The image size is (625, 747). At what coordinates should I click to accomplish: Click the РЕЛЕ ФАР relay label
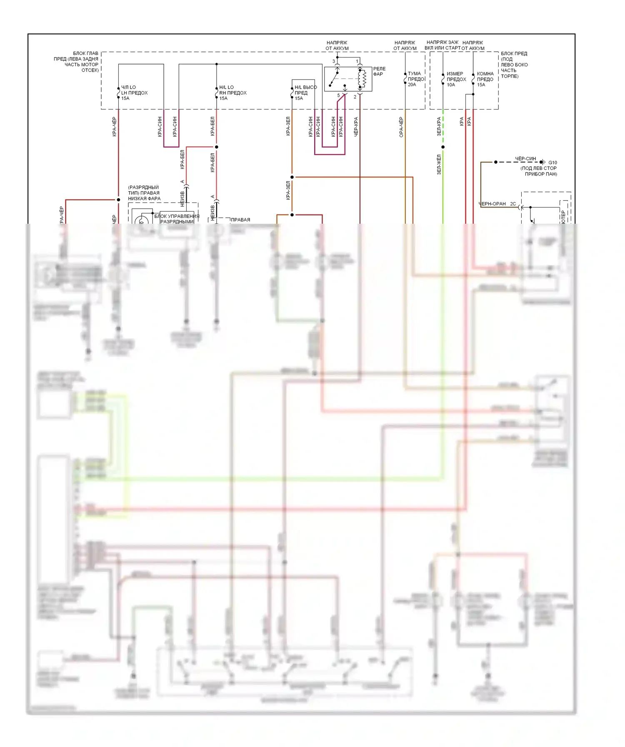pyautogui.click(x=379, y=71)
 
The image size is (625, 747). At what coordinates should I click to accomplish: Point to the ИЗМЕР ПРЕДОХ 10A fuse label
pyautogui.click(x=456, y=79)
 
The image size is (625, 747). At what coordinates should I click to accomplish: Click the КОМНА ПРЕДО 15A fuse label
pyautogui.click(x=485, y=79)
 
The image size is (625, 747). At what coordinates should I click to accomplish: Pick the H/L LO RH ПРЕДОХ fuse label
pyautogui.click(x=232, y=93)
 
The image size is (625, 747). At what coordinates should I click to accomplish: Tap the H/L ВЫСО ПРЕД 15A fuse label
pyautogui.click(x=305, y=93)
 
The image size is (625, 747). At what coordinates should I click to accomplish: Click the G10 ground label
pyautogui.click(x=552, y=162)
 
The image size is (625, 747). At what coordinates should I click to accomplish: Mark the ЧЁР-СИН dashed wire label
pyautogui.click(x=525, y=159)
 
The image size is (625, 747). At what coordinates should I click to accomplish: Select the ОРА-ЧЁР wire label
pyautogui.click(x=401, y=127)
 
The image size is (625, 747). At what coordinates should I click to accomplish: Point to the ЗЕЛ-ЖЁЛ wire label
pyautogui.click(x=439, y=165)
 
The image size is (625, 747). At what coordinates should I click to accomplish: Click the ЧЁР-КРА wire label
pyautogui.click(x=356, y=127)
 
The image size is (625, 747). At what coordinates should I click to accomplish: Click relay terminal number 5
pyautogui.click(x=338, y=96)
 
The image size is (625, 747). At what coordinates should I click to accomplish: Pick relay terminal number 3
pyautogui.click(x=333, y=61)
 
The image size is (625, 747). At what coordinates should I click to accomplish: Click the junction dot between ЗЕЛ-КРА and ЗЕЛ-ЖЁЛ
pyautogui.click(x=443, y=147)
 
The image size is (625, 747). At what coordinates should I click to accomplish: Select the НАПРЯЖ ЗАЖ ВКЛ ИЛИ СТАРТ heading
pyautogui.click(x=442, y=45)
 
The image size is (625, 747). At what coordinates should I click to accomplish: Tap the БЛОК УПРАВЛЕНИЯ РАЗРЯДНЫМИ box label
pyautogui.click(x=177, y=219)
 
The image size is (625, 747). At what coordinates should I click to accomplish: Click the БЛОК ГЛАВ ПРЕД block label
pyautogui.click(x=79, y=62)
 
